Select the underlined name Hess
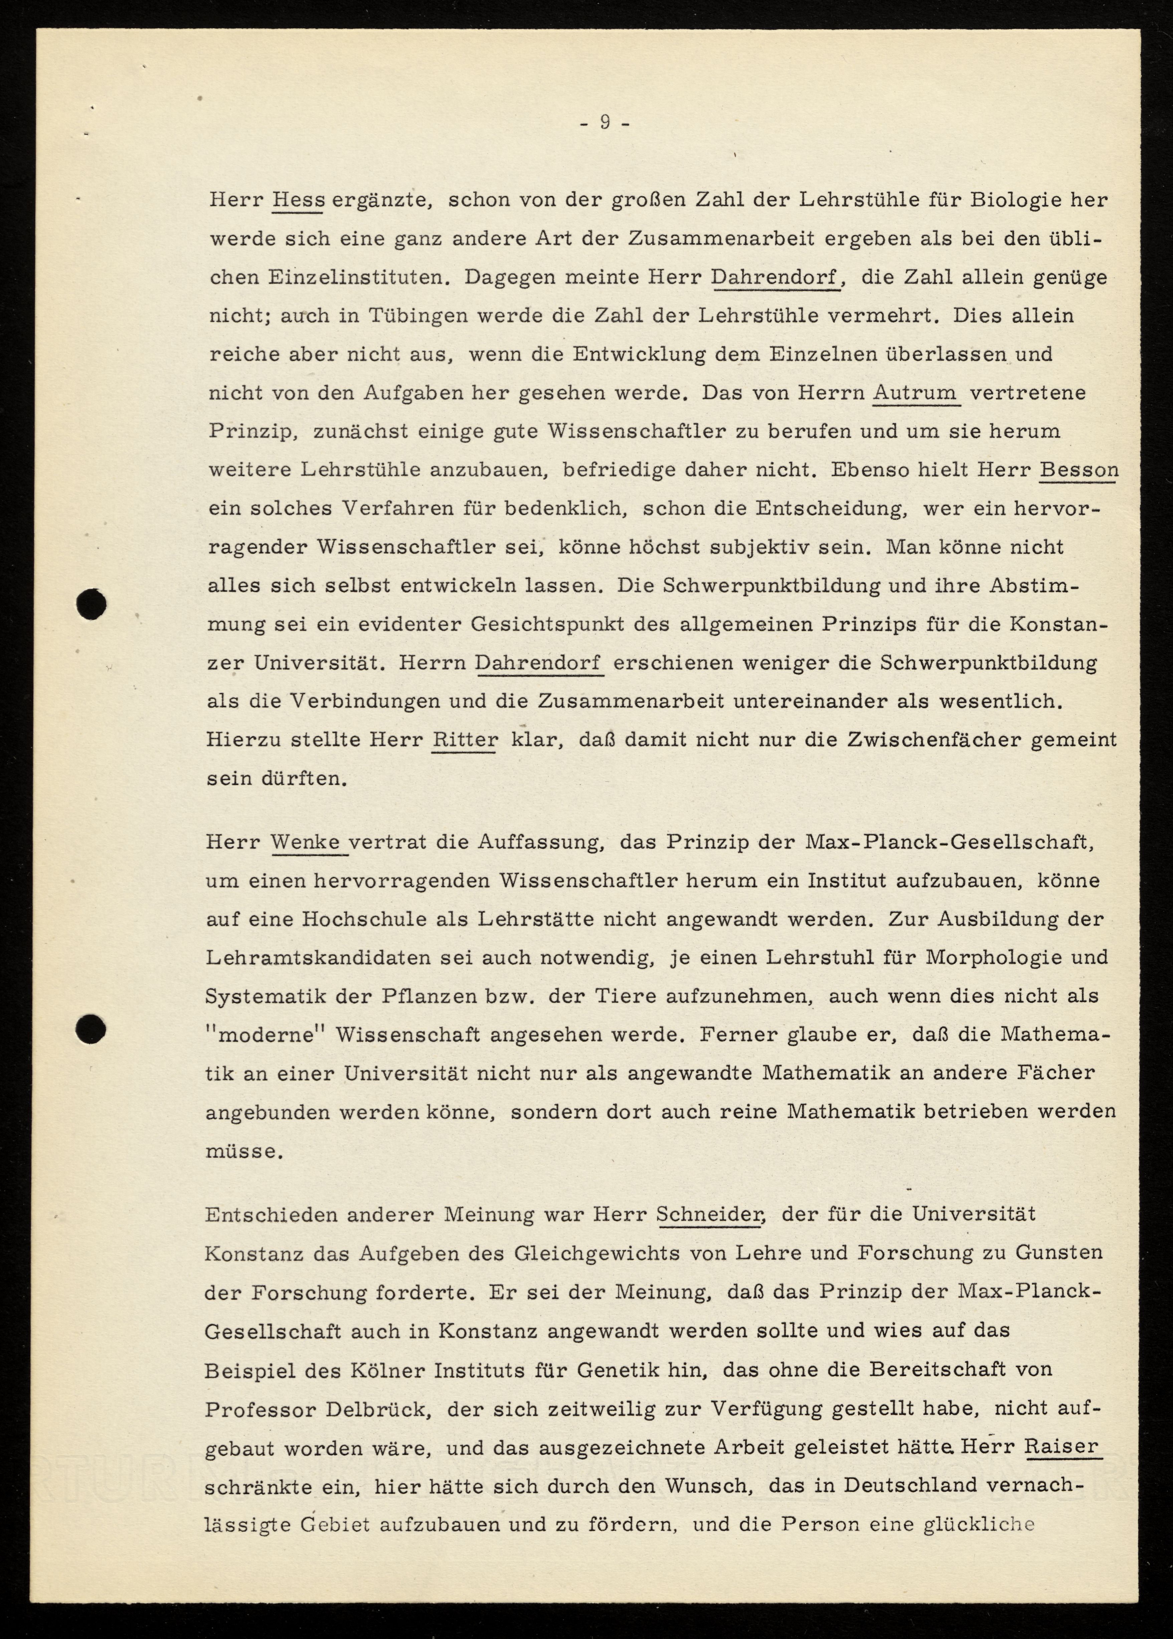298,200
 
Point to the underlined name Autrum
915,393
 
